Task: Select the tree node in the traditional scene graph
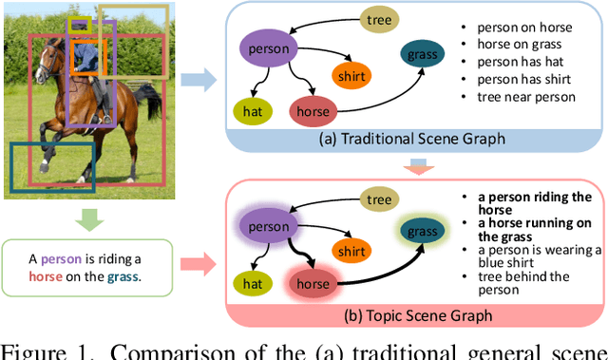click(x=379, y=18)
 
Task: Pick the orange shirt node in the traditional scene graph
click(x=351, y=74)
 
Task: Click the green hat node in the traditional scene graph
click(x=251, y=111)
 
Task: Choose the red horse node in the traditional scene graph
click(x=313, y=111)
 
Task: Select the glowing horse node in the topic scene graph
click(x=313, y=283)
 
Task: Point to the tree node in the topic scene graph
click(x=379, y=199)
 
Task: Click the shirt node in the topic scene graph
click(x=351, y=252)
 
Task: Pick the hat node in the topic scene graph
click(x=251, y=282)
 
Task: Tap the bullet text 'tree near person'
click(x=526, y=96)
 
